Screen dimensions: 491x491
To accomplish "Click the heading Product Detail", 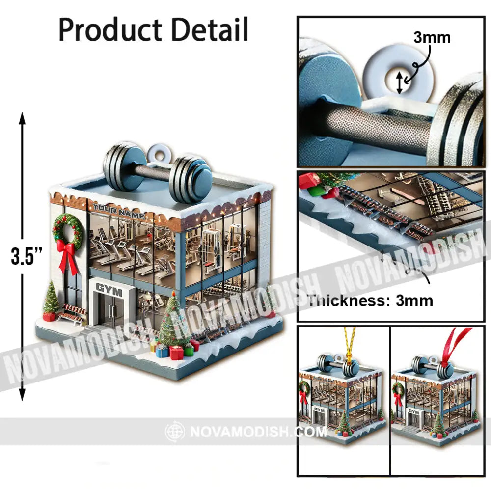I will (x=154, y=30).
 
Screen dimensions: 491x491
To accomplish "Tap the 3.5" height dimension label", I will (x=27, y=257).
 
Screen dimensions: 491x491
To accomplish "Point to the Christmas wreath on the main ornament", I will (x=67, y=230).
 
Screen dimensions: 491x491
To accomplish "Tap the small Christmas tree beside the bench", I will (x=51, y=299).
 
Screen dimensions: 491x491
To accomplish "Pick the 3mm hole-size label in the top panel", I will (x=432, y=37).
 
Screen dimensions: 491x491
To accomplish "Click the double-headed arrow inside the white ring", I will (x=400, y=82).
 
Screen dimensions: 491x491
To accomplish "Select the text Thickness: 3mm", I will (x=370, y=300).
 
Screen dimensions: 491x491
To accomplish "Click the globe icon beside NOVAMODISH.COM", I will (x=175, y=432).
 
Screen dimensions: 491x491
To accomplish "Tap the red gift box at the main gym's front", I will (x=176, y=352).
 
